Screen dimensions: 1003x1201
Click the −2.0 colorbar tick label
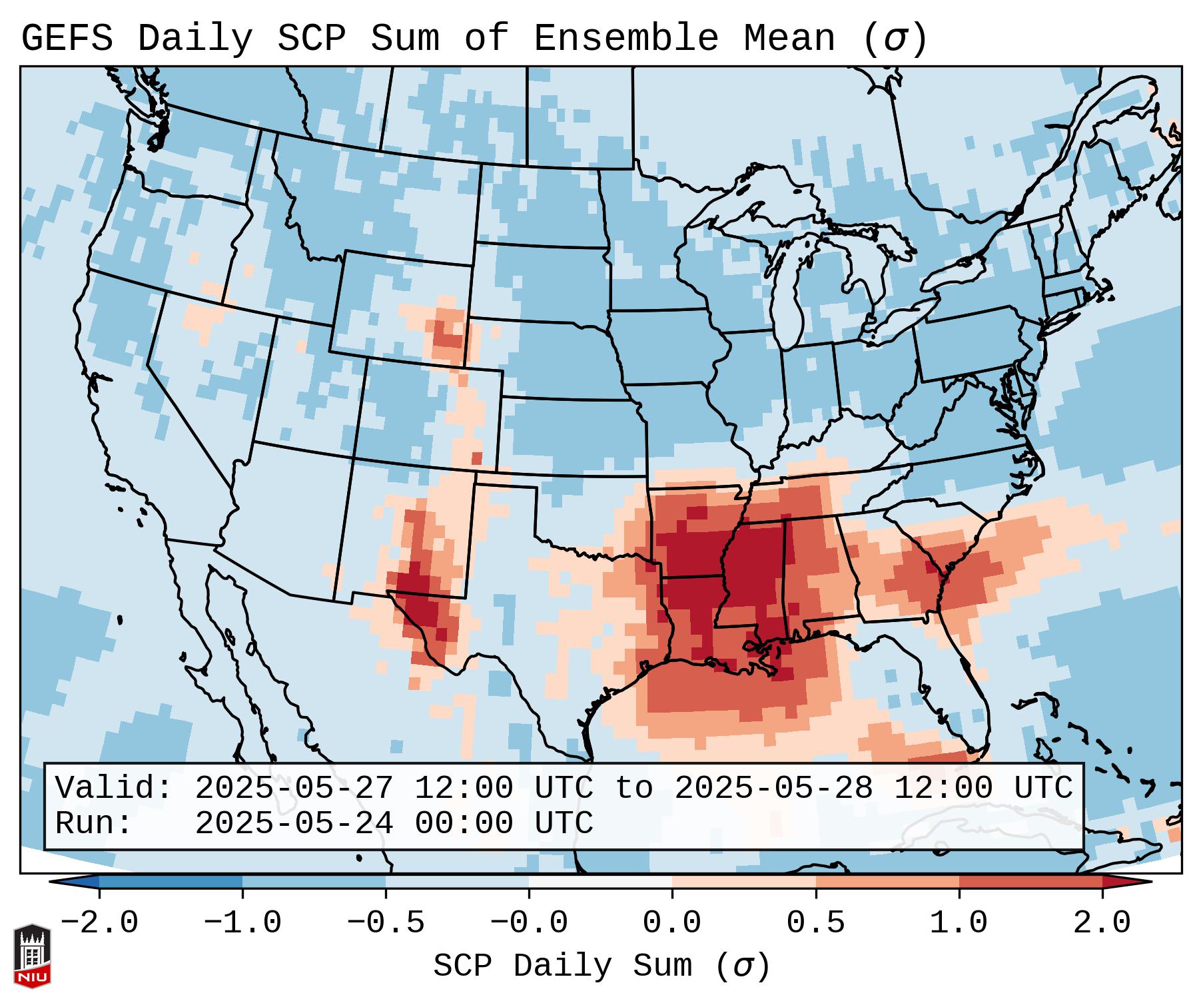point(99,923)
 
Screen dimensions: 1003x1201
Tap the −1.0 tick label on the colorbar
point(242,923)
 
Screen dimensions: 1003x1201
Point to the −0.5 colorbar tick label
point(386,923)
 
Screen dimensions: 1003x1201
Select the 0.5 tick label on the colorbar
point(816,923)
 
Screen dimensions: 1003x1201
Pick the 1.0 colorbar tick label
point(959,923)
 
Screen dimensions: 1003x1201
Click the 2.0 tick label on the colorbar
point(1102,923)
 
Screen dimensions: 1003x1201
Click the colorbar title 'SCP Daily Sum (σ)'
point(601,966)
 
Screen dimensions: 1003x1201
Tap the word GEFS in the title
point(67,39)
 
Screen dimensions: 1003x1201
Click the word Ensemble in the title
point(626,39)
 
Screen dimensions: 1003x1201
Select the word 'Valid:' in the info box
point(114,789)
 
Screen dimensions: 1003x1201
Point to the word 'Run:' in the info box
point(94,824)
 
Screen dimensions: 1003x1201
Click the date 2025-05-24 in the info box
point(294,824)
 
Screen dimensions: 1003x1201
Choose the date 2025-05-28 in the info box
point(773,789)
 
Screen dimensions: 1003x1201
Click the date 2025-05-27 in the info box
point(294,789)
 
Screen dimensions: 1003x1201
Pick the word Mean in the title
point(789,39)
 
